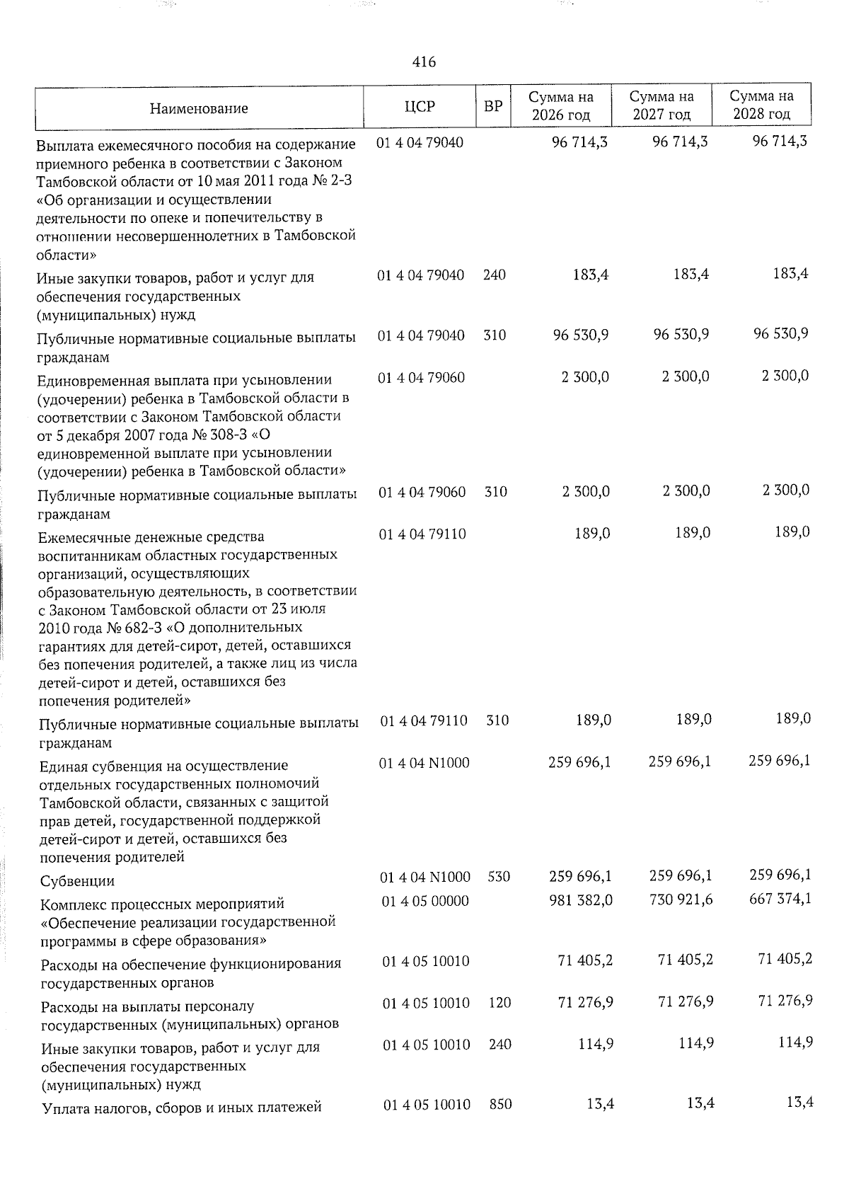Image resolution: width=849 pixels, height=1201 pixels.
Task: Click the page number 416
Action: pos(424,62)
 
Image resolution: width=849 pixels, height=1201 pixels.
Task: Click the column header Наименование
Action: pos(199,108)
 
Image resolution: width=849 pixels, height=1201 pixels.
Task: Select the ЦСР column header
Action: pos(420,107)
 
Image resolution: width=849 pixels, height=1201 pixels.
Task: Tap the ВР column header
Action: pos(493,107)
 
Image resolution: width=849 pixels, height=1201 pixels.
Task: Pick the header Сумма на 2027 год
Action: pos(662,105)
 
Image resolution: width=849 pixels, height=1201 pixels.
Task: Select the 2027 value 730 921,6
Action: pos(679,900)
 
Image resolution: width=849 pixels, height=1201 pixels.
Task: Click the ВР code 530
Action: pos(499,877)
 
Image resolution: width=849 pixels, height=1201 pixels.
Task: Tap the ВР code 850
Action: pos(500,1104)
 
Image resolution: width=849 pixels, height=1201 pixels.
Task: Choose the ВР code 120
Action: pos(499,1002)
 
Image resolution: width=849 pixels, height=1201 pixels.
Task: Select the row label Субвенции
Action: pos(77,881)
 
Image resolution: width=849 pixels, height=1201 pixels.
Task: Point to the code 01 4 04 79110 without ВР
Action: pos(422,534)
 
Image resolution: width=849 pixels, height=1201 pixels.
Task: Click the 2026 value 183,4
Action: pos(590,275)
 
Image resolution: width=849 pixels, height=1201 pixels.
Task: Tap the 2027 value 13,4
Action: pos(697,1103)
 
